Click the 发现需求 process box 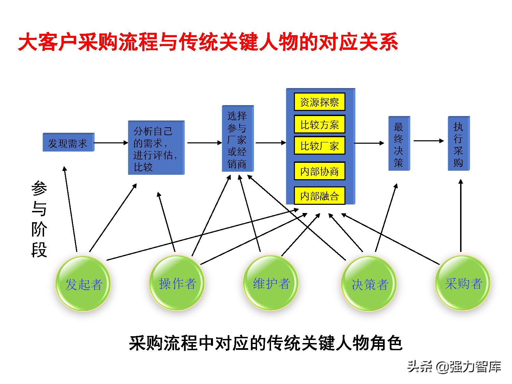point(68,142)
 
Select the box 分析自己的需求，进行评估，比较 point(156,148)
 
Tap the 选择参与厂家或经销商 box point(237,139)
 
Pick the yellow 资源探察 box point(319,102)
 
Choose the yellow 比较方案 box point(319,124)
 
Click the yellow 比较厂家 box point(319,146)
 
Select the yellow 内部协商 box point(319,171)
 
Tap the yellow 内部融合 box point(319,196)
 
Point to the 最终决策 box point(399,143)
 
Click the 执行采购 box point(458,143)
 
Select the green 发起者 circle point(83,284)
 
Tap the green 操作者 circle point(177,283)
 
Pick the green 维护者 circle point(271,283)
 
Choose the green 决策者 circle point(369,284)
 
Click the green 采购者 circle point(463,283)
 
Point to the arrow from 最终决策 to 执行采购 point(428,140)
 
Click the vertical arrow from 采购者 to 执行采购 point(461,215)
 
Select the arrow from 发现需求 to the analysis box point(111,143)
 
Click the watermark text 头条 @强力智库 point(454,367)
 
